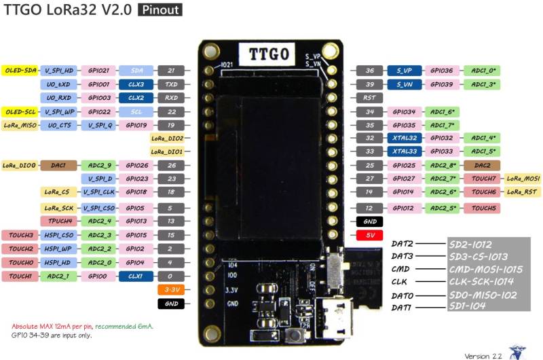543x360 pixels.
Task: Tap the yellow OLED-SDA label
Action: point(19,70)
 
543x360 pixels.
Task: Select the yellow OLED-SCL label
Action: point(19,111)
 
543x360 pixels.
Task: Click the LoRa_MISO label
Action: point(19,125)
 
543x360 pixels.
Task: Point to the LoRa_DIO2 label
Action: point(167,138)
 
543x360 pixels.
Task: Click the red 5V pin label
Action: point(369,235)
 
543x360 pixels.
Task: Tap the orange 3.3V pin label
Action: point(171,290)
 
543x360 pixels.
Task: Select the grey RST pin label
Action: point(369,98)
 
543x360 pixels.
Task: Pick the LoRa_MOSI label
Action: point(523,178)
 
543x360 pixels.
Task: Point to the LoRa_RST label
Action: point(523,192)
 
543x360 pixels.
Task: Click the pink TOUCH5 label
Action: point(483,207)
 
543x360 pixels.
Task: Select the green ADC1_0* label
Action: point(483,70)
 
